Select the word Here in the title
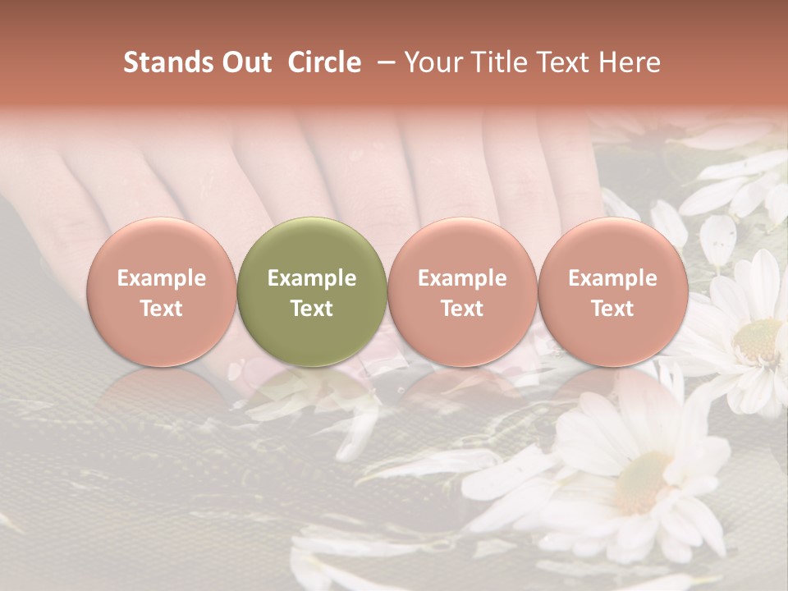pos(630,62)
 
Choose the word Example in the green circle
pos(312,278)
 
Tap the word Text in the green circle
pos(312,309)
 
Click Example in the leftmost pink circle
pos(162,278)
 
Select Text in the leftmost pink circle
pos(162,309)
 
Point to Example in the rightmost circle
pos(612,278)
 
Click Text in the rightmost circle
pos(612,309)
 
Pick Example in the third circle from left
pos(462,278)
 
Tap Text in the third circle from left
pos(462,309)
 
